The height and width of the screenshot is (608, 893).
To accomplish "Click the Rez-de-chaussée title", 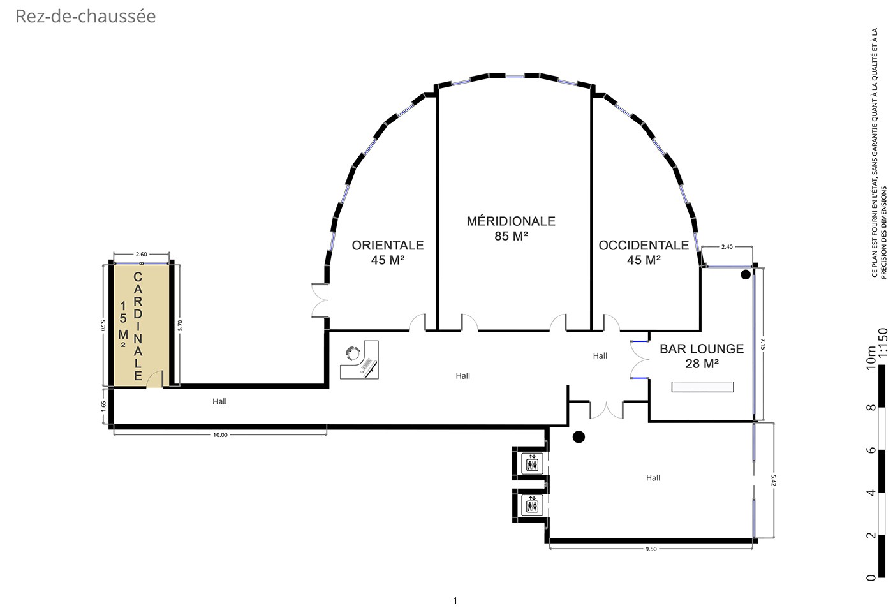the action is [85, 17].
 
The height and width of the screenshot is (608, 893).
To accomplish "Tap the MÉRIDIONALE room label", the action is [511, 221].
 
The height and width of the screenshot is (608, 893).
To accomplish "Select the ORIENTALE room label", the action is [388, 245].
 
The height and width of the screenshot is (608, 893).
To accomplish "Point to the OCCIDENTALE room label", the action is [644, 245].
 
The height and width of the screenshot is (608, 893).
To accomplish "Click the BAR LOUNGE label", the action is [702, 348].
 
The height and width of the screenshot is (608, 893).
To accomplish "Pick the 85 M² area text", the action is [511, 236].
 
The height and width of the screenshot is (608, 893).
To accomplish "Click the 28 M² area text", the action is [702, 364].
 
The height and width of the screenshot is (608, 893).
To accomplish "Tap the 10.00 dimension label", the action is [220, 435].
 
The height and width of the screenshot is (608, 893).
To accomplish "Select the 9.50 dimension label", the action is [651, 549].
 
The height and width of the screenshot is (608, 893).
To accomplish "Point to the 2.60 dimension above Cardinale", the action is [141, 254].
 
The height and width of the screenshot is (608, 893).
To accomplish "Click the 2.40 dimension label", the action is [727, 247].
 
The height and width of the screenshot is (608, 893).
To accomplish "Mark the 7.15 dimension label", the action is [763, 344].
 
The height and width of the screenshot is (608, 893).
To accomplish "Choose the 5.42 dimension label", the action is [773, 480].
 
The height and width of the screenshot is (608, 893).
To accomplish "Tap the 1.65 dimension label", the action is [103, 406].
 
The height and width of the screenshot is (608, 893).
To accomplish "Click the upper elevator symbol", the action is [532, 463].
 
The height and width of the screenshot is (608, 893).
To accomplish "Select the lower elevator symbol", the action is [532, 505].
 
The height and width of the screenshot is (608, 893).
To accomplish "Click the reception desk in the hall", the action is [359, 360].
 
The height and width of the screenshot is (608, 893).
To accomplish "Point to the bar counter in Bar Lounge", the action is [702, 387].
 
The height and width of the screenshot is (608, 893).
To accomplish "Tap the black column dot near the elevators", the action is [579, 437].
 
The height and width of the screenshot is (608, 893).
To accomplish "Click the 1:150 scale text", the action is [883, 342].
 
